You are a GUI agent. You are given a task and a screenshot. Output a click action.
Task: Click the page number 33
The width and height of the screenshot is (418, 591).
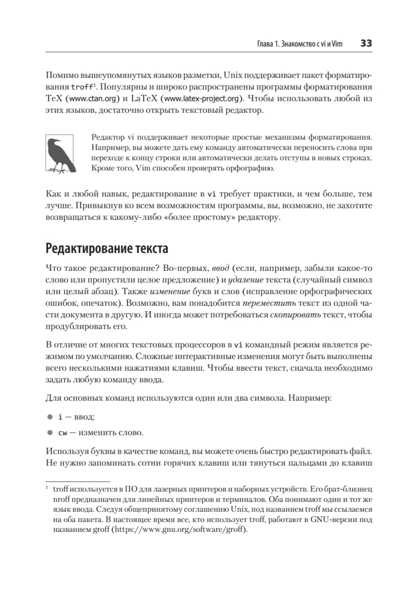point(366,43)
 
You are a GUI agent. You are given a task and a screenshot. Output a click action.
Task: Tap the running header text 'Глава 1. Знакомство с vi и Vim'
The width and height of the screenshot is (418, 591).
point(300,44)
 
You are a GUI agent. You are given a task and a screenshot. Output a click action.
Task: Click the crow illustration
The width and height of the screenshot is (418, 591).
point(60,154)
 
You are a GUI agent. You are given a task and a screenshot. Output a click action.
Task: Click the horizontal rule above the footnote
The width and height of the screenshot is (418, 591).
point(77,481)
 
